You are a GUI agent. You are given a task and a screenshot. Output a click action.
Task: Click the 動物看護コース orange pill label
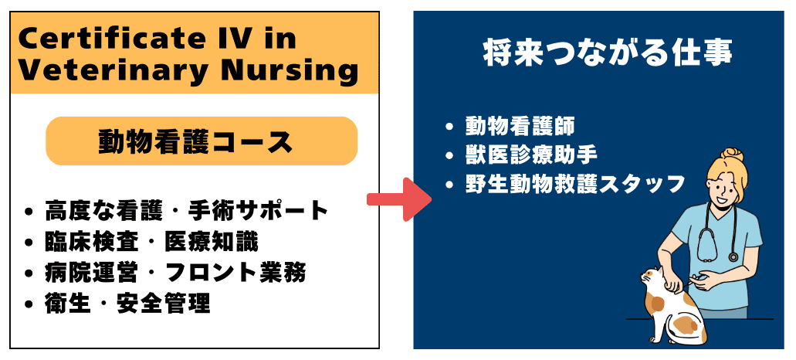[x=202, y=141]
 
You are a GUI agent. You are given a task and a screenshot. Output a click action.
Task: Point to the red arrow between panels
[x=399, y=199]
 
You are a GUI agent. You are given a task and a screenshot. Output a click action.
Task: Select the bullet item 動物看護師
[x=520, y=127]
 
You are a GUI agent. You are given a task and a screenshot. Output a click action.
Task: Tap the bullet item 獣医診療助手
[x=531, y=155]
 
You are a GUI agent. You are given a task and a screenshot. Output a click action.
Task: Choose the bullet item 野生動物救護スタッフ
[x=575, y=185]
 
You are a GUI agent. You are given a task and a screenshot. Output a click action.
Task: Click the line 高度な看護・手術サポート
[x=186, y=210]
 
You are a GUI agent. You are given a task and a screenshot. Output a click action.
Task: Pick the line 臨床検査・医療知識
[x=151, y=242]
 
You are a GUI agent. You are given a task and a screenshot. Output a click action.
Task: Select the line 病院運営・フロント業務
[x=175, y=273]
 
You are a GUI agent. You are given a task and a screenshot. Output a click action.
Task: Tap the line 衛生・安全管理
[x=127, y=304]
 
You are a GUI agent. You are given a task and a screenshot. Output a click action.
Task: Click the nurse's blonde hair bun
[x=731, y=155]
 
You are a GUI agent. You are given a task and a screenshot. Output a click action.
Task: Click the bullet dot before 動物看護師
[x=449, y=127]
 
